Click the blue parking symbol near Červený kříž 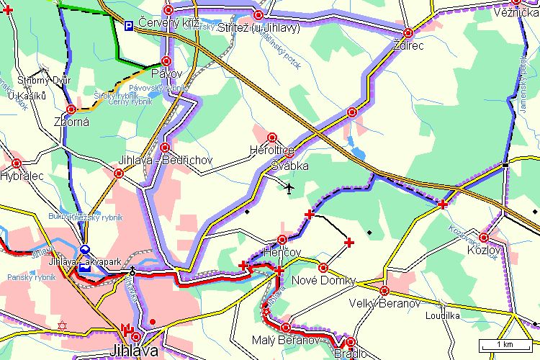(x=128, y=26)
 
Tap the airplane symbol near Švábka (x=289, y=189)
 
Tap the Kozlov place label (x=482, y=249)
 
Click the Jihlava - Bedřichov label (x=166, y=160)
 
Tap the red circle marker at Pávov (x=167, y=61)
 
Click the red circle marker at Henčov (x=282, y=239)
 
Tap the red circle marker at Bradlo (x=351, y=342)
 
